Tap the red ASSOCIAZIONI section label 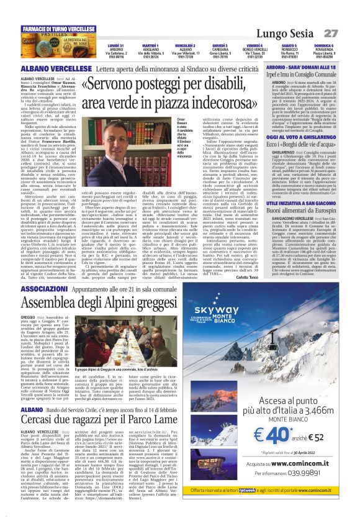(x=60, y=289)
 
